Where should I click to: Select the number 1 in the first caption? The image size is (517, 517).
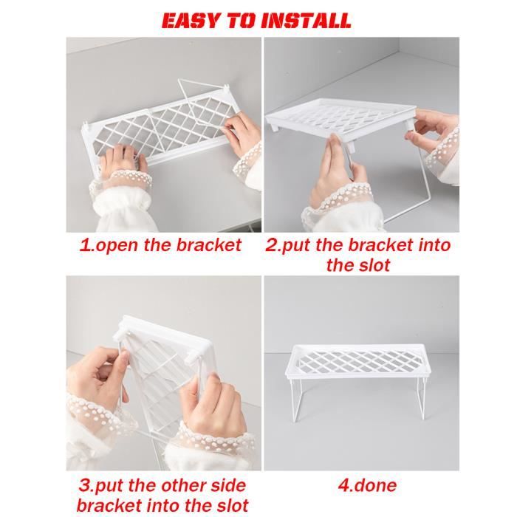[85, 245]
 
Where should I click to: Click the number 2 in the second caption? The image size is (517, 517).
[272, 245]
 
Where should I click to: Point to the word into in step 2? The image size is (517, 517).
[430, 245]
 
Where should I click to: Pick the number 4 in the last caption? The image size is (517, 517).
[343, 485]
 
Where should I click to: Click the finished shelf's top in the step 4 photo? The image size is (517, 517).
[362, 361]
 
